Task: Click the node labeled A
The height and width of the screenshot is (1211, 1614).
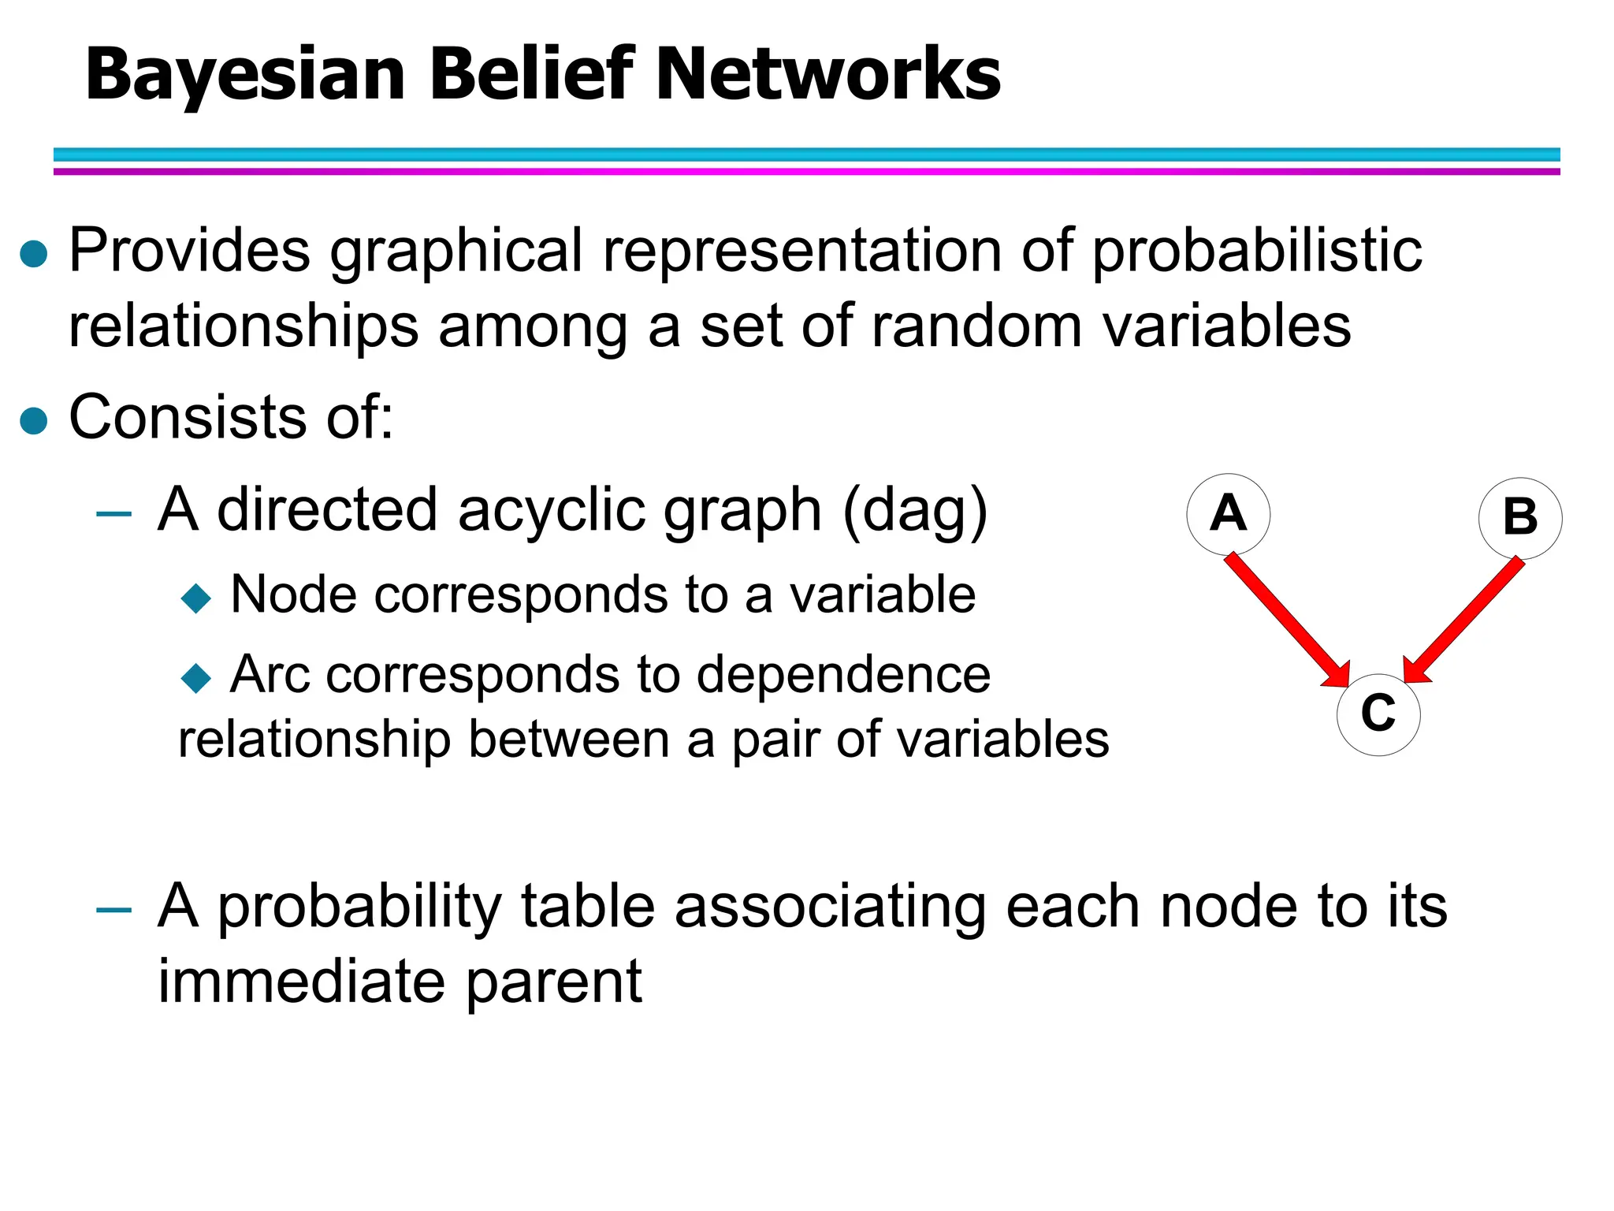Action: click(1228, 514)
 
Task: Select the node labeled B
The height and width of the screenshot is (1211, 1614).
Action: click(1520, 518)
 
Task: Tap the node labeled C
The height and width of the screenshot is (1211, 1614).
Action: click(1378, 714)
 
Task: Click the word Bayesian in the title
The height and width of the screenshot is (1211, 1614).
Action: click(245, 75)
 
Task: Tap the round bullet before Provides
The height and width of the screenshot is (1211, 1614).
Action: click(34, 254)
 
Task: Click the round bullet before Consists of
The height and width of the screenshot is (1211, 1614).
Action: click(34, 420)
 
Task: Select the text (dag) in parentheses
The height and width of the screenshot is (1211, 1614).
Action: click(914, 511)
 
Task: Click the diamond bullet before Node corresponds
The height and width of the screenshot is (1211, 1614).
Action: click(195, 598)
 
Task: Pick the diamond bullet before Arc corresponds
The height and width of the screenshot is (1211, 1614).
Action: click(195, 677)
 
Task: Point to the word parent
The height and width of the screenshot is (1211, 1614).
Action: click(553, 982)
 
